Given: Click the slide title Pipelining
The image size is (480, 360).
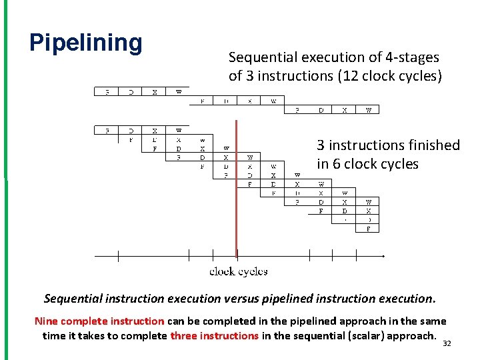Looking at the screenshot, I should pos(86,43).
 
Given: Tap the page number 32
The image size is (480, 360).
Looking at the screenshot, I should pos(447,344).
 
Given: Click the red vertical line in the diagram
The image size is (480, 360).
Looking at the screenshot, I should pos(236,193).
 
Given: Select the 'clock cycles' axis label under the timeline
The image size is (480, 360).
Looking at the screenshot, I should pos(238,271).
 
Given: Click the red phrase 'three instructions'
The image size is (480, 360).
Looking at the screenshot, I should pos(214,335).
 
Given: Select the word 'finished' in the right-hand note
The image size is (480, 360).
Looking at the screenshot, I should pos(433,145).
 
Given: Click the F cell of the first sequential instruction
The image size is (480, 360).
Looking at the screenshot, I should pos(107,92).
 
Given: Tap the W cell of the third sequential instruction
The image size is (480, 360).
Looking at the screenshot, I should pos(368,110).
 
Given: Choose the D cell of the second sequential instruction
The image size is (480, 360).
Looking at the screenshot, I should pos(227,101).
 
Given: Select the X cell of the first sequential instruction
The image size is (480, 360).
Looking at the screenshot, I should pos(155,92).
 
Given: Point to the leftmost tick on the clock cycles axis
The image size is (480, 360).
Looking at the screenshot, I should pos(119,256).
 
